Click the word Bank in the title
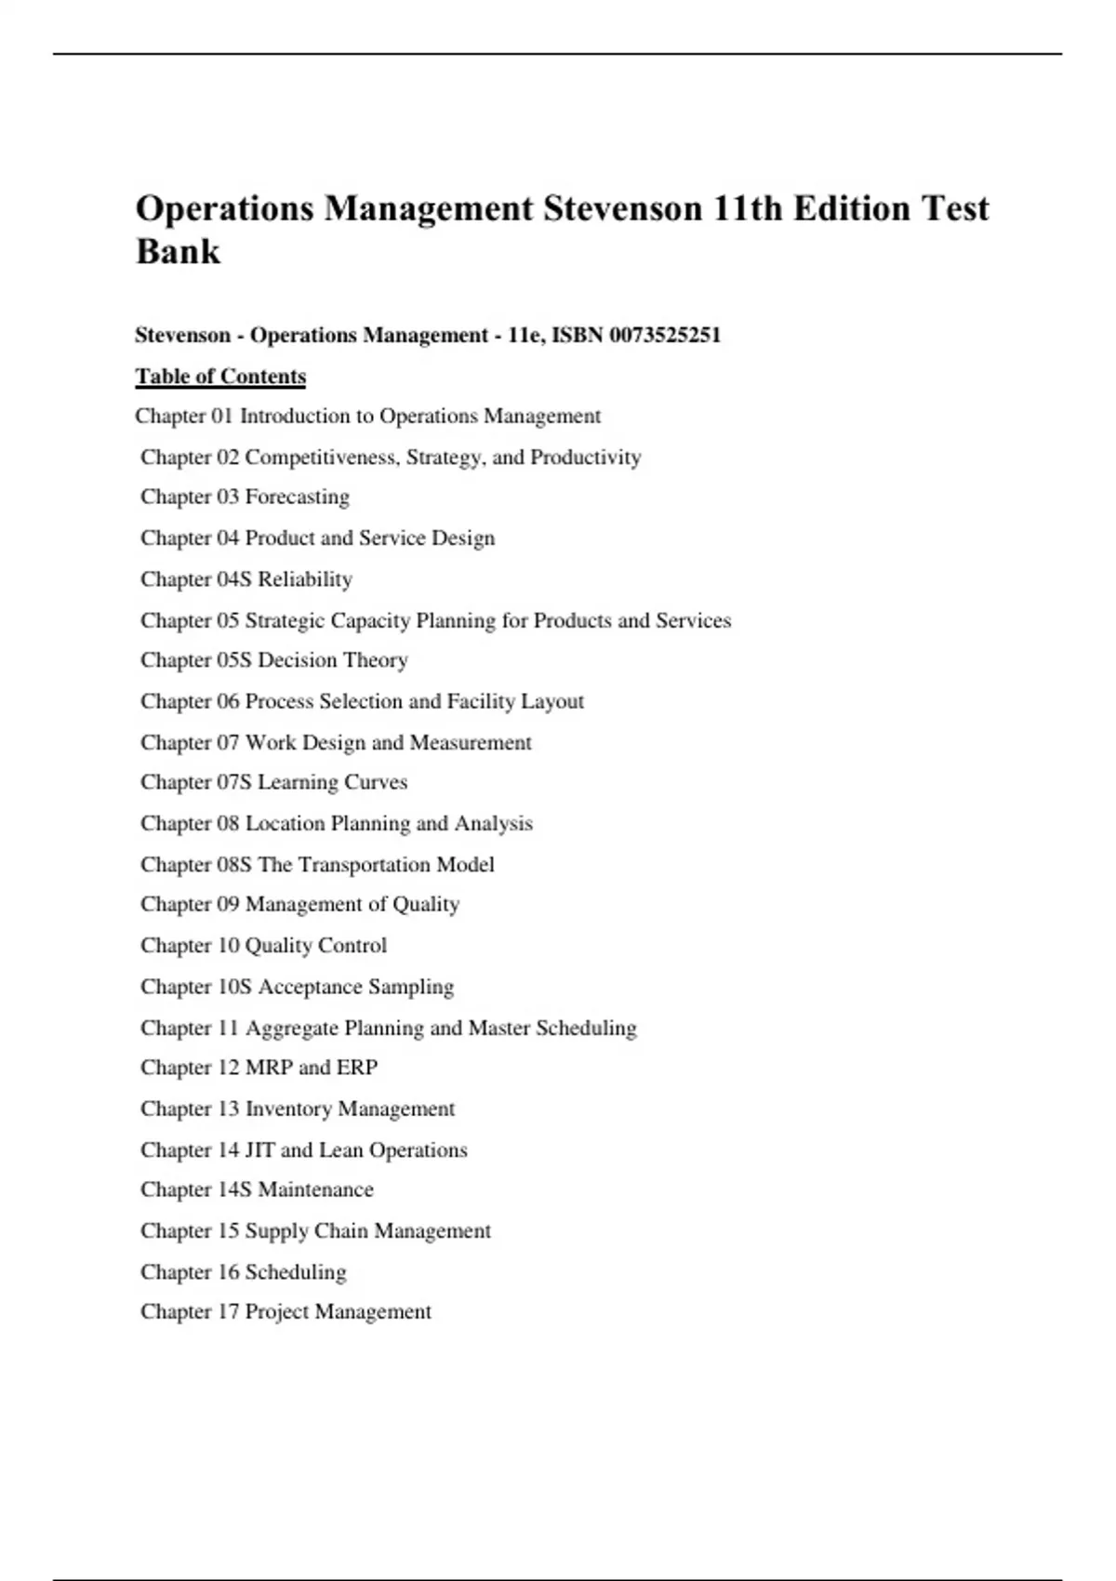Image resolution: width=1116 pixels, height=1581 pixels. point(178,251)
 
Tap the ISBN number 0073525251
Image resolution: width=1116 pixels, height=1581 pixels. point(665,335)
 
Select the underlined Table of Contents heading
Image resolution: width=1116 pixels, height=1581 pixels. point(220,377)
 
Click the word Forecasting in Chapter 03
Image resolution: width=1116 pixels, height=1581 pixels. point(298,497)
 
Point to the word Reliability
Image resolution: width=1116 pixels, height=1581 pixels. point(305,579)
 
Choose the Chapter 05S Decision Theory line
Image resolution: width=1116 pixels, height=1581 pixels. point(274,660)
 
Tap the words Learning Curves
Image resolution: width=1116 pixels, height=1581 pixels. point(332,782)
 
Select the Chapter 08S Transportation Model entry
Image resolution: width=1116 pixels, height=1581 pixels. point(317,865)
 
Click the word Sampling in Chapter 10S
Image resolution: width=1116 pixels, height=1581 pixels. point(411,987)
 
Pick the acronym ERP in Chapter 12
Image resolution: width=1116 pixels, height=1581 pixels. point(357,1068)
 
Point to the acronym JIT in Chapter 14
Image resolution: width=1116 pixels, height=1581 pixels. point(259,1150)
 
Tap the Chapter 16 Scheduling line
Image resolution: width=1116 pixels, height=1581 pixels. point(244,1272)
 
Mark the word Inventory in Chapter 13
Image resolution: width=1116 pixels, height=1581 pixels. point(288,1109)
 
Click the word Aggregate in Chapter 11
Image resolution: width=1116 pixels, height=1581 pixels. point(291,1028)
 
